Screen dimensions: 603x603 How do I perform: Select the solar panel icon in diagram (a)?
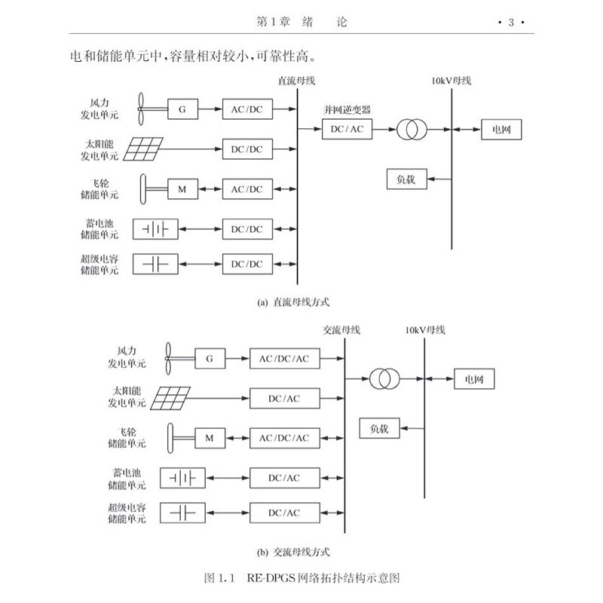143,148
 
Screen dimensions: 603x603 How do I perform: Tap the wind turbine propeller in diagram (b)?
168,359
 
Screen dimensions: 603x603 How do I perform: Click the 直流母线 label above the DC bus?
296,81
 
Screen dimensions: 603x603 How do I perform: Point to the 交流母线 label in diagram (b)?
341,330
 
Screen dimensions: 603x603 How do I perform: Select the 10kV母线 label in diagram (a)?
451,81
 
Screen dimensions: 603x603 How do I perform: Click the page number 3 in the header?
511,23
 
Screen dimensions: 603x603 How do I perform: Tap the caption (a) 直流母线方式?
293,302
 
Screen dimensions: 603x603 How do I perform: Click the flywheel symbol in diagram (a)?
143,189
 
